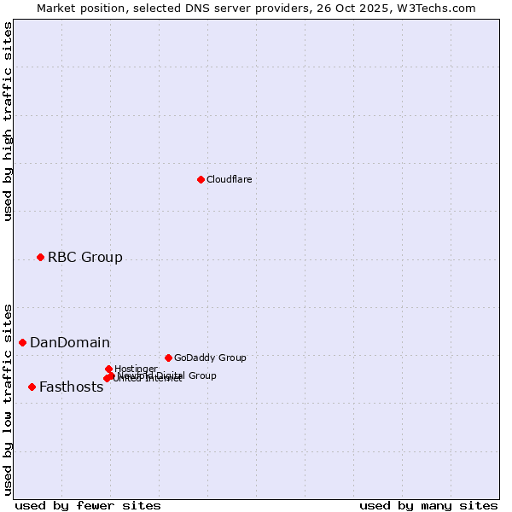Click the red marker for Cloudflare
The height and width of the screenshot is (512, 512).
(x=201, y=179)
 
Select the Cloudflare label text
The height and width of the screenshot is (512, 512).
(x=229, y=179)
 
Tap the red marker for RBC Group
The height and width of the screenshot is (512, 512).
(x=40, y=257)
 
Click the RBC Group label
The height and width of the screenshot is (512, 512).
(x=84, y=257)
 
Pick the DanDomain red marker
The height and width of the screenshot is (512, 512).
(x=23, y=342)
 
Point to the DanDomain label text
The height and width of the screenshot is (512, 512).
(x=70, y=343)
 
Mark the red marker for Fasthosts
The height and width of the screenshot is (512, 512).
(x=32, y=387)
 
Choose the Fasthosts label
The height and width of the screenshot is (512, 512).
(x=71, y=387)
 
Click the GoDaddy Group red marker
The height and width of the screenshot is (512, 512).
(x=168, y=358)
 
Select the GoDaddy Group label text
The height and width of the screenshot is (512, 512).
(x=210, y=358)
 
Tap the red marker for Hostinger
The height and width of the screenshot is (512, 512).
(x=108, y=369)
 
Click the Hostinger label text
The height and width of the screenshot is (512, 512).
(x=136, y=369)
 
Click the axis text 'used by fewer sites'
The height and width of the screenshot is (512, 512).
(x=88, y=505)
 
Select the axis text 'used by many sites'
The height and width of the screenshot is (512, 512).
(x=428, y=505)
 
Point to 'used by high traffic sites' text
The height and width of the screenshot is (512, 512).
(x=8, y=121)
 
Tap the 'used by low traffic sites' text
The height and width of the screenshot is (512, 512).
(x=8, y=399)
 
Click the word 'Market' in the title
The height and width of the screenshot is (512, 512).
(x=57, y=8)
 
